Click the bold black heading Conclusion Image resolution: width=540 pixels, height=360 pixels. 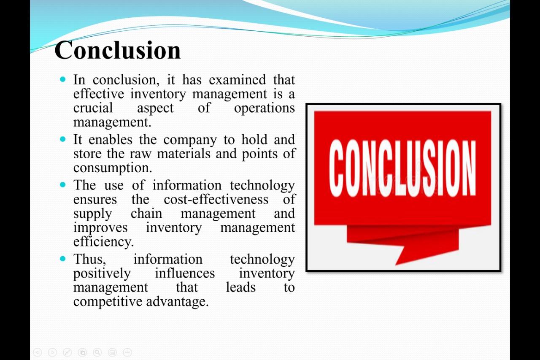click(117, 50)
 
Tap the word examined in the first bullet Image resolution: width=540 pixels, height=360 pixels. click(237, 80)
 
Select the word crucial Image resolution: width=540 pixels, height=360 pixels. click(93, 108)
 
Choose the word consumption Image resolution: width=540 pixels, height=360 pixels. click(113, 168)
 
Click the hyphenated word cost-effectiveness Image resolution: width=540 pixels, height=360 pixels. click(216, 199)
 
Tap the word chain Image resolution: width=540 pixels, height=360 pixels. click(146, 214)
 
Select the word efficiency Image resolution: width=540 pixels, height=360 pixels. click(103, 242)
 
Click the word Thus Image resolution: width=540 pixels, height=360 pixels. click(90, 259)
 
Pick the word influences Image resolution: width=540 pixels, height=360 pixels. click(185, 273)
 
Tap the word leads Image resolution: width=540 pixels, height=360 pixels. click(240, 287)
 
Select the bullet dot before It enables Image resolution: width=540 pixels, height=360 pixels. click(63, 139)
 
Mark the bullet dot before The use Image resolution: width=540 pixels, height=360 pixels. click(63, 185)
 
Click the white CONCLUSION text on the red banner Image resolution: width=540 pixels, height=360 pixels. click(402, 168)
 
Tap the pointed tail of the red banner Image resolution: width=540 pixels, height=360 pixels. click(396, 264)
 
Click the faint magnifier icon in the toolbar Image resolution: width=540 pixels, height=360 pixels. click(97, 352)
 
